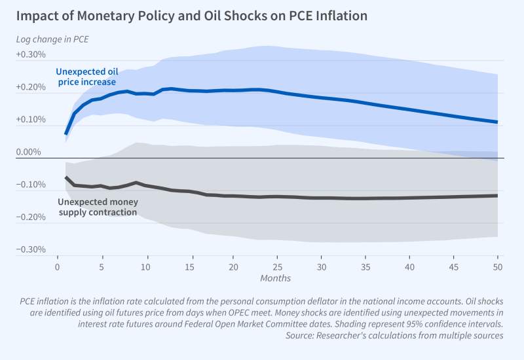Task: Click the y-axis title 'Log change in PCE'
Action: (52, 39)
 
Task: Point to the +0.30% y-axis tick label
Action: (31, 55)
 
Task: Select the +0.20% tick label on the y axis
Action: (31, 88)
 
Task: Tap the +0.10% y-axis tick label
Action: (31, 120)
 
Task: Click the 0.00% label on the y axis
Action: (33, 153)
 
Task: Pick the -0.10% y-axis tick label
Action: (31, 185)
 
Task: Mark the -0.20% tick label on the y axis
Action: (31, 217)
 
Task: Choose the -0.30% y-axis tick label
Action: (31, 250)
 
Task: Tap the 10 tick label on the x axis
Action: (145, 267)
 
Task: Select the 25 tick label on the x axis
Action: (278, 267)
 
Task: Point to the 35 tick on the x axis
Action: (365, 267)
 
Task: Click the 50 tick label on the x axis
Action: (498, 267)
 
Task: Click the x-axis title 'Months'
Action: (276, 278)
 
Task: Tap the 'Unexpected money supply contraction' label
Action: (98, 207)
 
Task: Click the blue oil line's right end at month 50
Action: (497, 122)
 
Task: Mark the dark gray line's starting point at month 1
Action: (66, 177)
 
